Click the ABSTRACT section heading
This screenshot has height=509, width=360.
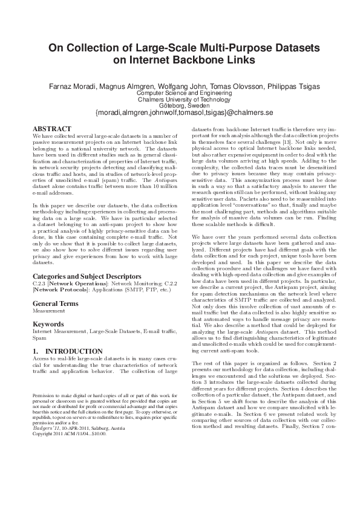tap(51, 129)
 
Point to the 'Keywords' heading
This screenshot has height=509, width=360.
tap(48, 324)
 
